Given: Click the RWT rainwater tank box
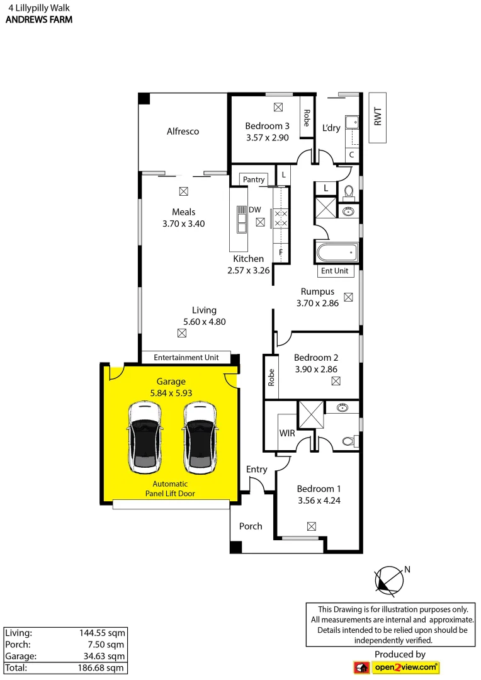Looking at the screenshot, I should point(377,118).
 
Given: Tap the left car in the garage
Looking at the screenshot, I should point(145,438).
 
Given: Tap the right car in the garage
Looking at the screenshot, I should point(200,438).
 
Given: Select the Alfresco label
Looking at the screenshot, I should point(183,132).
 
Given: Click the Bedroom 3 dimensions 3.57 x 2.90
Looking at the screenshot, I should point(266,138).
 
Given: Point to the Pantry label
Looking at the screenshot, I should point(254,180).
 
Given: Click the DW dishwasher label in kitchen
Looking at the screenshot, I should point(255,210).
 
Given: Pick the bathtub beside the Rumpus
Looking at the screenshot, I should point(337,253).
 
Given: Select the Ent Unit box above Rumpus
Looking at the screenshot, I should point(335,271).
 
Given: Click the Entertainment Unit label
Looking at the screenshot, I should point(186,358).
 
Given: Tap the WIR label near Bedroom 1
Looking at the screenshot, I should point(288,434).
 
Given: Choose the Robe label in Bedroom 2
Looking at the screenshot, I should point(271,377).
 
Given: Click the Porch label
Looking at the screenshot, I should point(251,526).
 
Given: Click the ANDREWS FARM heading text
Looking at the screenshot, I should point(38,20).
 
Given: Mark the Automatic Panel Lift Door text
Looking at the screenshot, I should point(170,489).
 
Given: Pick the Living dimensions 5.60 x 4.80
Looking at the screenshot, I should point(204,322).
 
